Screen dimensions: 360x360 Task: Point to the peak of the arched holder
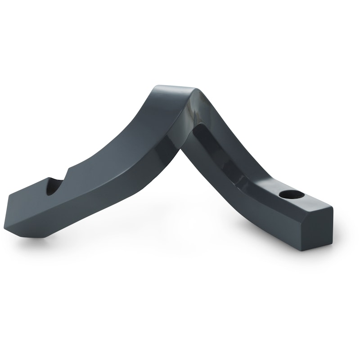[173, 87]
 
